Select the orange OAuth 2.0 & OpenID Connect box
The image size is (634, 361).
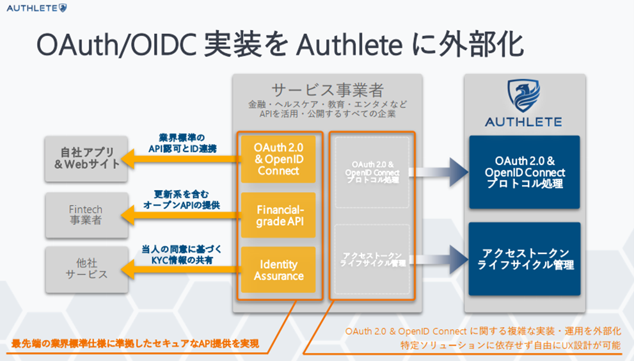click(x=278, y=159)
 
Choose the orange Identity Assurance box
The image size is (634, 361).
click(x=278, y=269)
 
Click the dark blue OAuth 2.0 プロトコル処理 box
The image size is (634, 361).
click(x=524, y=172)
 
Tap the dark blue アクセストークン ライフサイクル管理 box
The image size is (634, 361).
click(x=524, y=259)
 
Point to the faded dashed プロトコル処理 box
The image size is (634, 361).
click(x=371, y=172)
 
